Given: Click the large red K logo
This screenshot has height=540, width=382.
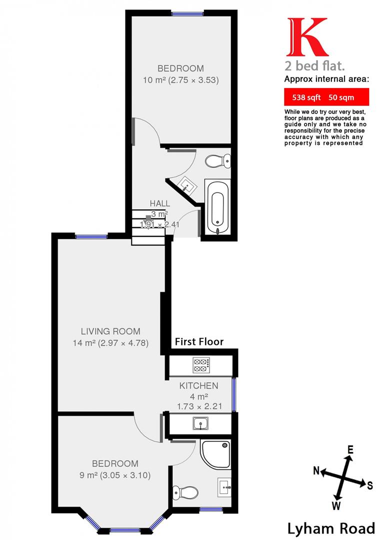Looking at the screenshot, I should tap(306, 37).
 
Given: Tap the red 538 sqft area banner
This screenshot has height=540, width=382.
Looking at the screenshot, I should tap(326, 97).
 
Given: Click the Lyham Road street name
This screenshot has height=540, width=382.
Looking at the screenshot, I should tap(331, 528).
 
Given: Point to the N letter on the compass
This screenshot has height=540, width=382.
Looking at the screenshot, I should tap(316, 470).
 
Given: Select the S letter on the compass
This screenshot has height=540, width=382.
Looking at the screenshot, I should tap(369, 485).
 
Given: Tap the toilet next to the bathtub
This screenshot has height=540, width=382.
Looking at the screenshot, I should tap(218, 161).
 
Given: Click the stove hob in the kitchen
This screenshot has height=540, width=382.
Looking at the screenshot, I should tap(201, 365).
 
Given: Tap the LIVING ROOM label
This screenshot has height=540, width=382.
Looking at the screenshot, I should tap(110, 331).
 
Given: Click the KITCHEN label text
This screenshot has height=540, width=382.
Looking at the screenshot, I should tap(199, 385).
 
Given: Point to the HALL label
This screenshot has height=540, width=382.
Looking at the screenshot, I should tap(160, 203).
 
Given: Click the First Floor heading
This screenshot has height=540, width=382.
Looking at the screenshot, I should tap(199, 342).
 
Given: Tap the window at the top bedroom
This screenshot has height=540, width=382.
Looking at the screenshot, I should tap(187, 14).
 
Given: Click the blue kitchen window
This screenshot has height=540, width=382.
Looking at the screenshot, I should tap(234, 394).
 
